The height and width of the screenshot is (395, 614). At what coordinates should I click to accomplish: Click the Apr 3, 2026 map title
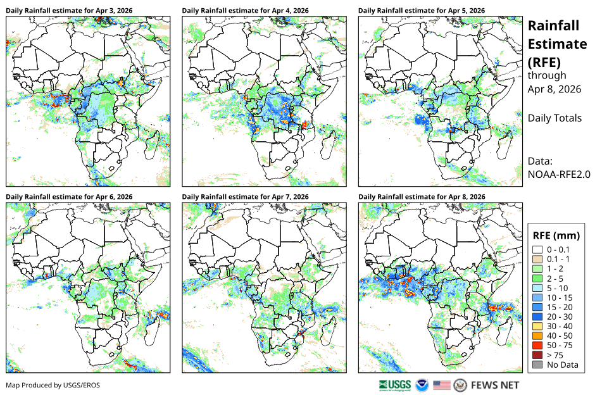69,11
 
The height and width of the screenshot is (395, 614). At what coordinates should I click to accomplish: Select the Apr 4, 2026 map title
245,11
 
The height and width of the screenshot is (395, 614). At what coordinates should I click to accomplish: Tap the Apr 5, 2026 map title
422,11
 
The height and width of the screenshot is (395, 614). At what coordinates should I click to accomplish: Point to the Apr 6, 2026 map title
69,197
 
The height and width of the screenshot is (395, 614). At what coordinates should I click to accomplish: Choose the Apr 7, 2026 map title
245,197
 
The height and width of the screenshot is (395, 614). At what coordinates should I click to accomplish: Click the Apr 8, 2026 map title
422,197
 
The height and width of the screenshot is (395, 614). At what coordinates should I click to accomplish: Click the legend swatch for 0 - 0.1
537,250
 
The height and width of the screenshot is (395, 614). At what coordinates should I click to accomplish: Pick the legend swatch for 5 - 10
537,288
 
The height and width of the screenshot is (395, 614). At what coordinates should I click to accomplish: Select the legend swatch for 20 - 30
537,317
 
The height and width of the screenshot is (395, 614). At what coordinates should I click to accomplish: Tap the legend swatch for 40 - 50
537,336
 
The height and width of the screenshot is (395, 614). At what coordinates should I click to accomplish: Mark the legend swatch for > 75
537,355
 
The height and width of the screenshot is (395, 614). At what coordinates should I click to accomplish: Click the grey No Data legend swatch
537,365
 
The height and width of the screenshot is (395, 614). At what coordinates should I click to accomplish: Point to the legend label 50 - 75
560,346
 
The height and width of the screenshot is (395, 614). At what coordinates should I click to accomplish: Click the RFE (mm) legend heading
556,235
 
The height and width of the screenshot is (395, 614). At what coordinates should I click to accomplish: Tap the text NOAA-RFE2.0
559,175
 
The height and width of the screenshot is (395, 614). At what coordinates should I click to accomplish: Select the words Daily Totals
554,118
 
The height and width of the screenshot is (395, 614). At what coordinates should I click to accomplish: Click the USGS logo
395,386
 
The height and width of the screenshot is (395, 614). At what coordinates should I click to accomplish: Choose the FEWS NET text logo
495,386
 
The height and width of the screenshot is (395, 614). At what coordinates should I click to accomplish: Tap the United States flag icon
442,386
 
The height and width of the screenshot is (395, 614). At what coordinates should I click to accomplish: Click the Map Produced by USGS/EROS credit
53,386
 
